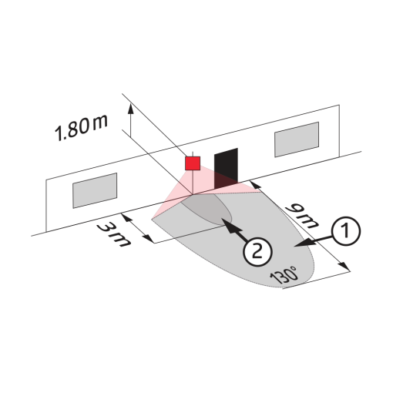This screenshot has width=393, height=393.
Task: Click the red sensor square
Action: point(193,163)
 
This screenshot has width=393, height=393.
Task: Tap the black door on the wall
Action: point(226,168)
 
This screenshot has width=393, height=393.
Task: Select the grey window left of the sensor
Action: point(95,190)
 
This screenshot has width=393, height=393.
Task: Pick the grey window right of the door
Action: point(297,139)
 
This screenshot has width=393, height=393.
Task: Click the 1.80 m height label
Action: point(81,129)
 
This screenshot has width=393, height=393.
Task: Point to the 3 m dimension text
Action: point(114,235)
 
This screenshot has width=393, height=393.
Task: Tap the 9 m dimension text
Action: point(303,215)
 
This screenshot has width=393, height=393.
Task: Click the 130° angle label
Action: point(284,275)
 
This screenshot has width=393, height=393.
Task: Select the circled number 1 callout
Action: point(346,231)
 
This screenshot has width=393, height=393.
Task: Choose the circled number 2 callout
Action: point(257,252)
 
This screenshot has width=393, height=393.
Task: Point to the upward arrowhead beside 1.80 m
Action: point(131,109)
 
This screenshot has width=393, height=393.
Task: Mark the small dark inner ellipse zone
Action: point(207,210)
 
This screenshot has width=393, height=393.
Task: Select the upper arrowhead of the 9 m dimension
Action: point(256,185)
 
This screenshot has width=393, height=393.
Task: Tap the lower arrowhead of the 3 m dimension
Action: point(149,238)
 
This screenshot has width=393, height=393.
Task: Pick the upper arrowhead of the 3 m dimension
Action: point(126,218)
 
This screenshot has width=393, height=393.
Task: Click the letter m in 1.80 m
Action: point(99,123)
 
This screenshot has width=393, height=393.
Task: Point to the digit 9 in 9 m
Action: point(295,209)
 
